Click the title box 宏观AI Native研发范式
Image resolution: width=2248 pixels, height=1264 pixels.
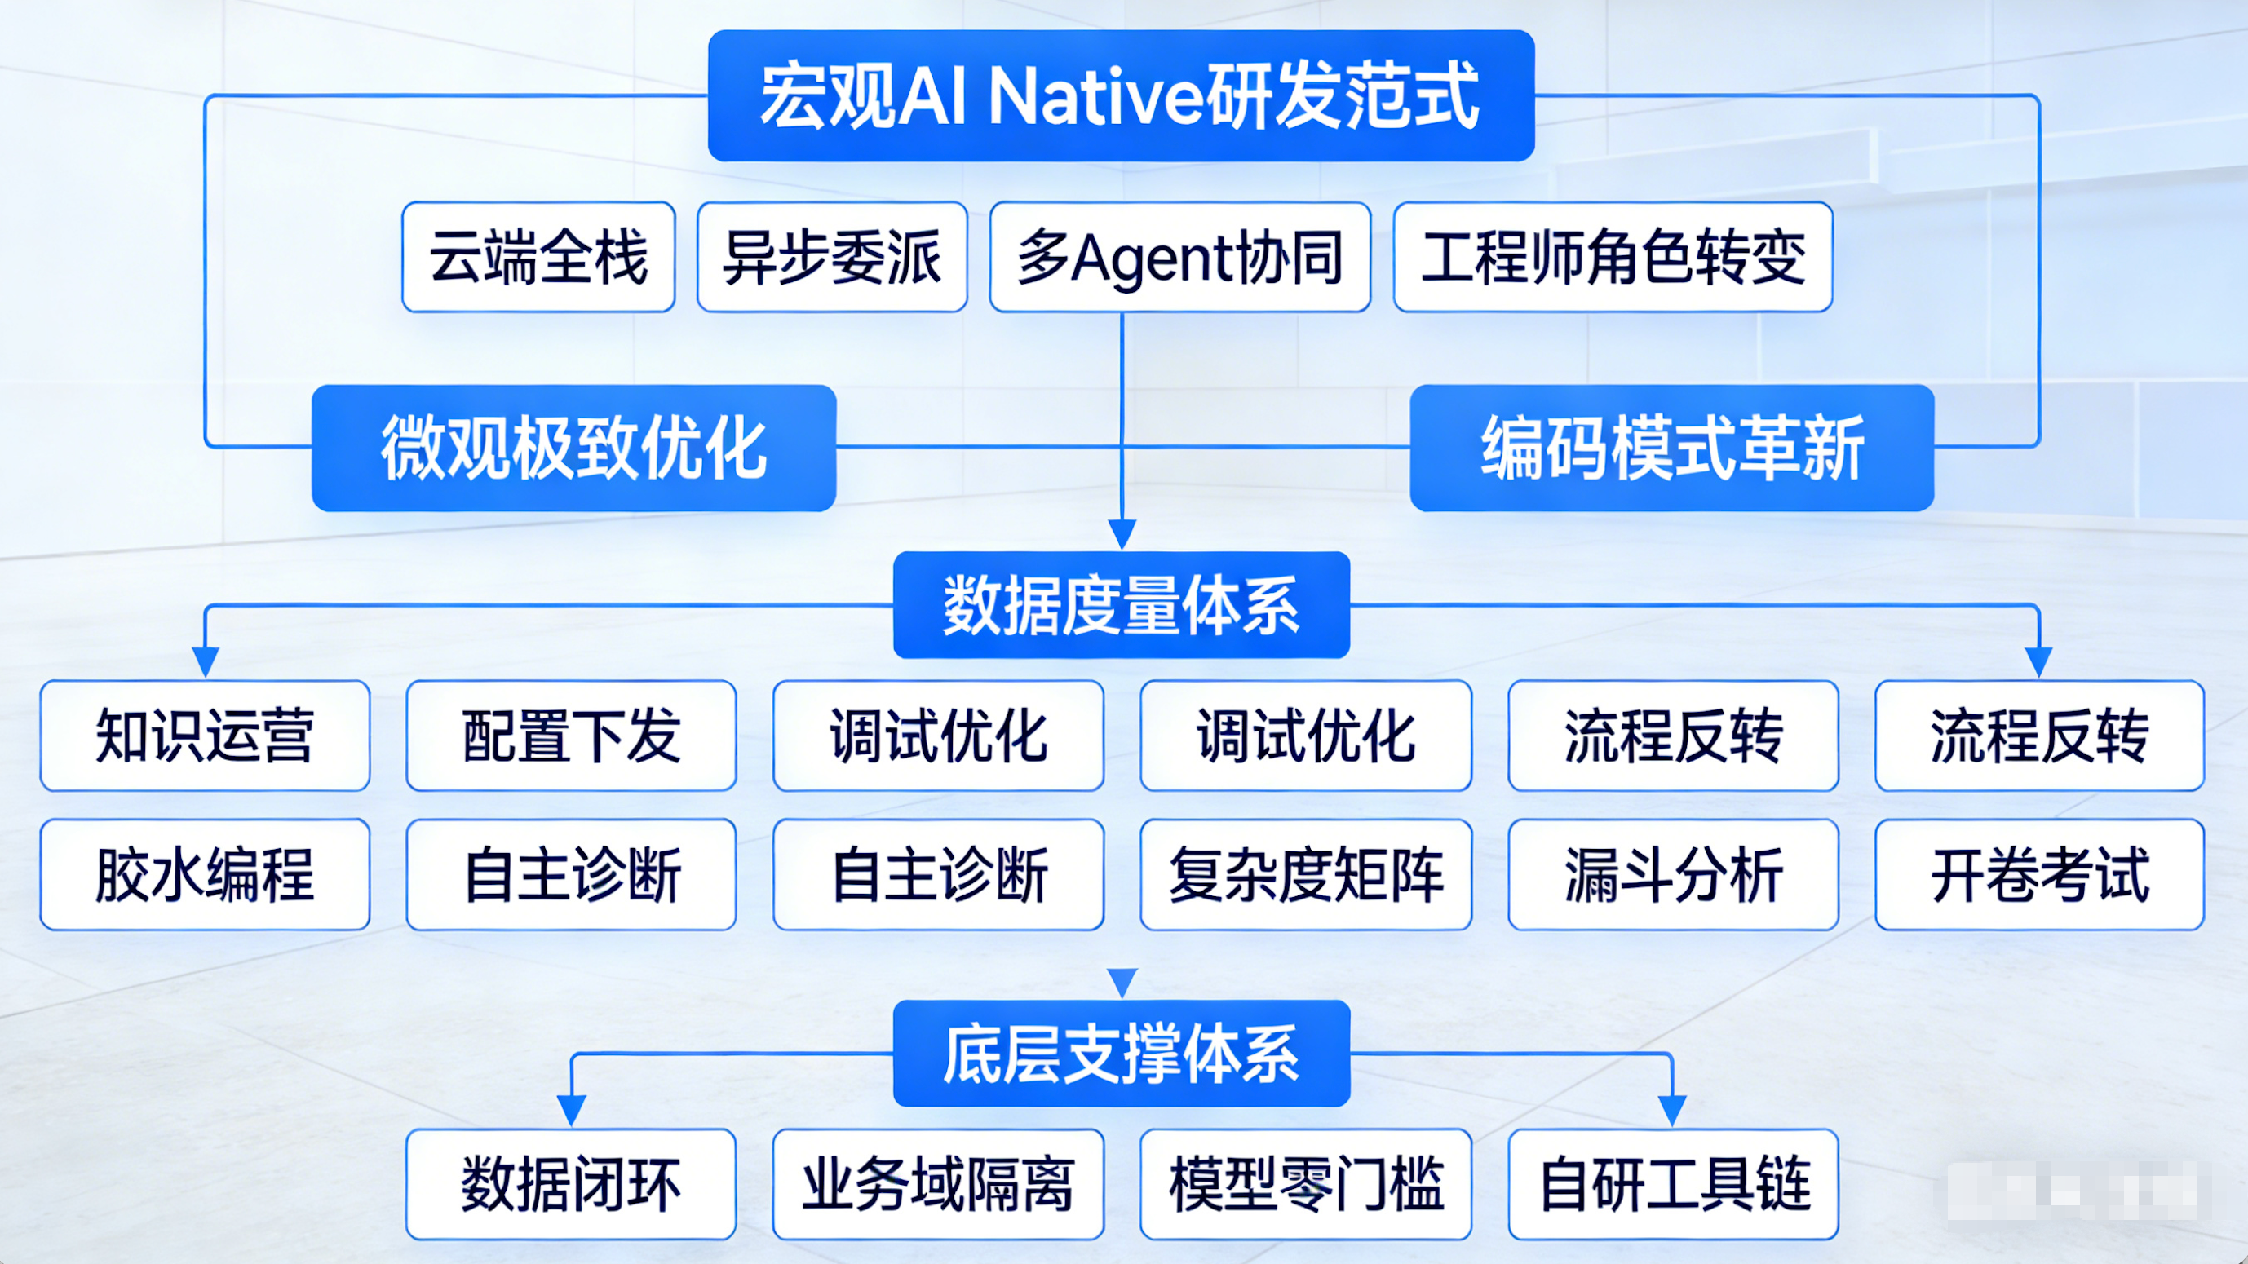pyautogui.click(x=1121, y=96)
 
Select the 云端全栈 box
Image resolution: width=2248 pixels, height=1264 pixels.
pyautogui.click(x=538, y=258)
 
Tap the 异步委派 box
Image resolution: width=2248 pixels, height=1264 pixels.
pyautogui.click(x=832, y=258)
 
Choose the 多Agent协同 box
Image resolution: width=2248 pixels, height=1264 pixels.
pyautogui.click(x=1179, y=258)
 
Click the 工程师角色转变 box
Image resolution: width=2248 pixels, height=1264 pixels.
pyautogui.click(x=1613, y=258)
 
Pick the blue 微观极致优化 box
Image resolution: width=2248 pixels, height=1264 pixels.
pyautogui.click(x=573, y=448)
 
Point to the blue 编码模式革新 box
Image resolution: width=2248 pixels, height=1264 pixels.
pyautogui.click(x=1671, y=448)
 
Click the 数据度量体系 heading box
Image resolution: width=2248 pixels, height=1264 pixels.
pyautogui.click(x=1122, y=604)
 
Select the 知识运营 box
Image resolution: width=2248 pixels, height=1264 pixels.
pyautogui.click(x=205, y=736)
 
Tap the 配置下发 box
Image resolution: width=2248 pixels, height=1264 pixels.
pyautogui.click(x=572, y=736)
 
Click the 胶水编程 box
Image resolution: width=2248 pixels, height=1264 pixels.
pyautogui.click(x=205, y=874)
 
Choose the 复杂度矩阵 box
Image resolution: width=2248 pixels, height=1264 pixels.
pyautogui.click(x=1306, y=874)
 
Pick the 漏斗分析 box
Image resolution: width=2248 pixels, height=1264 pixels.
pyautogui.click(x=1673, y=874)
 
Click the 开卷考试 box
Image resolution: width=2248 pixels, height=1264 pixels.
pyautogui.click(x=2039, y=874)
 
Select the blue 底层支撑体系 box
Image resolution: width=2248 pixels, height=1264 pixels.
pyautogui.click(x=1122, y=1054)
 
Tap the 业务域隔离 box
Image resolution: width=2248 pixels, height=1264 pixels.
pyautogui.click(x=938, y=1184)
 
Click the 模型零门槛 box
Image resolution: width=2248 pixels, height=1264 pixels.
pyautogui.click(x=1306, y=1184)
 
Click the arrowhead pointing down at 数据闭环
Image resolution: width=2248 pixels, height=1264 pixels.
pyautogui.click(x=572, y=1111)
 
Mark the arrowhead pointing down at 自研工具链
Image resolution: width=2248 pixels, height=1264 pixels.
pyautogui.click(x=1672, y=1111)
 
